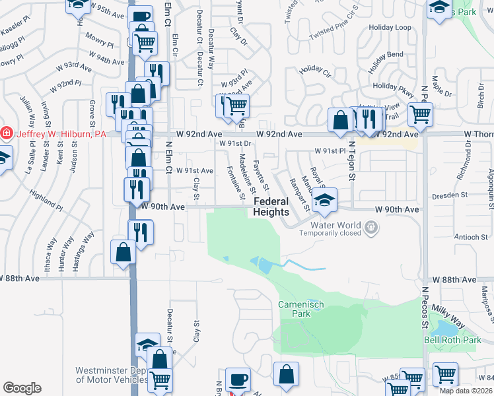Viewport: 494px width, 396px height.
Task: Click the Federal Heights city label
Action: (x=271, y=207)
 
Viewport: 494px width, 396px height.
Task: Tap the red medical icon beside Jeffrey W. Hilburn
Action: (x=7, y=133)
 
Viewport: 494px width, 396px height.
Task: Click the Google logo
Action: (x=22, y=388)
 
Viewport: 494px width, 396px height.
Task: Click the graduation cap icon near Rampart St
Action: (x=324, y=201)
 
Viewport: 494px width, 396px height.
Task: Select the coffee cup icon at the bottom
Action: (x=238, y=379)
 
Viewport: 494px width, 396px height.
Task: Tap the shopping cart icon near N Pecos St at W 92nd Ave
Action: (x=420, y=114)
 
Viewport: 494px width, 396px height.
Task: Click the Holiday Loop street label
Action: (x=390, y=28)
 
